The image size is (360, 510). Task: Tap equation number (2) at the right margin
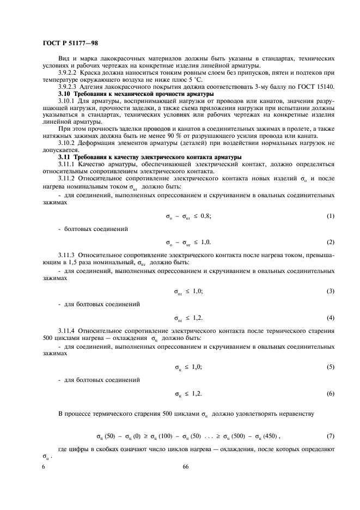tap(330, 241)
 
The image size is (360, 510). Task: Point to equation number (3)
tap(330, 292)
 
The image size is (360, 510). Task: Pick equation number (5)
tap(330, 367)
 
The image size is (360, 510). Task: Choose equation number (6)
tap(330, 393)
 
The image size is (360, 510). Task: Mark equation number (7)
tap(330, 436)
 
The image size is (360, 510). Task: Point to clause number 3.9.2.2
tap(69, 72)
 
